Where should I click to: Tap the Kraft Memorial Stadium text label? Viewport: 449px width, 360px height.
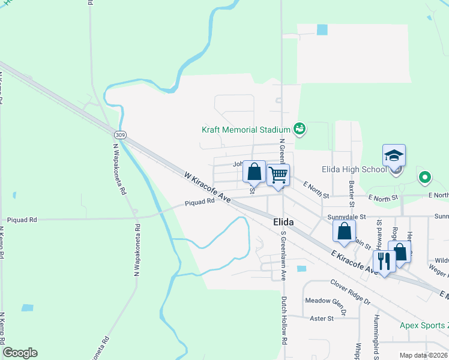pos(246,130)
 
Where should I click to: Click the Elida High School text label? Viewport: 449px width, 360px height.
pos(354,170)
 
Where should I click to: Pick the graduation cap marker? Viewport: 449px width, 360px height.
pos(394,156)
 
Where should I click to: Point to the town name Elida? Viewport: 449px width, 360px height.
pos(283,222)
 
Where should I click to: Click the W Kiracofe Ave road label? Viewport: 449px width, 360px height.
pos(208,187)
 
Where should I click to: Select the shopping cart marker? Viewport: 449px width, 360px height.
pos(278,175)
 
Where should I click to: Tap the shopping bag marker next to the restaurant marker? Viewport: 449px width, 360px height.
pos(400,252)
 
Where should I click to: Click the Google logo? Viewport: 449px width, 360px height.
pos(20,353)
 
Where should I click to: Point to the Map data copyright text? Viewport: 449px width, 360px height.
pos(423,355)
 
